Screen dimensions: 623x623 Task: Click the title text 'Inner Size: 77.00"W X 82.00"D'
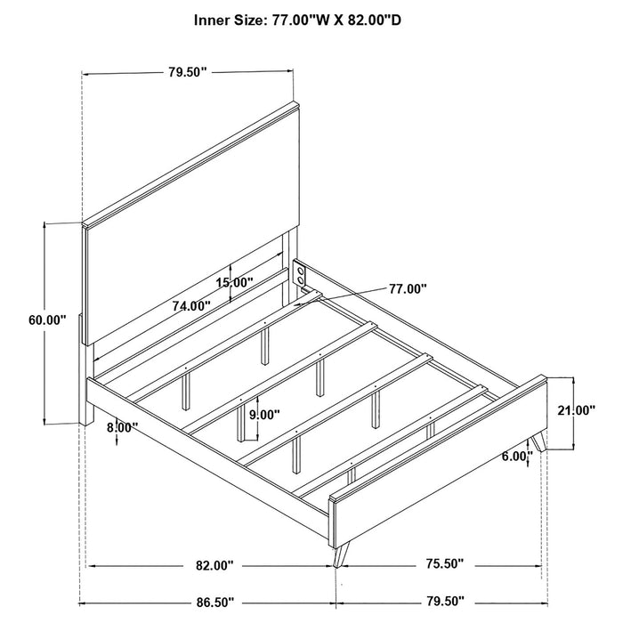[297, 20]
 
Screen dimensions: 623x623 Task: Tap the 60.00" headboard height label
[47, 320]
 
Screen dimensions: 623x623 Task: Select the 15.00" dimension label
[234, 283]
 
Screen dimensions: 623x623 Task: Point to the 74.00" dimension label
[191, 306]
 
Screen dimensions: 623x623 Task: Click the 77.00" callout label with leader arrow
[408, 289]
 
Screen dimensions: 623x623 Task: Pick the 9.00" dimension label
[264, 415]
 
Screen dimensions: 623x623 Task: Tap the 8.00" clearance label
[123, 427]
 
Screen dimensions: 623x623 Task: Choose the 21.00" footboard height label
[577, 410]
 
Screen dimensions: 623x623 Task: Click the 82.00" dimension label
[215, 565]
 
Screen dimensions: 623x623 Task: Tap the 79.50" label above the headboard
[188, 72]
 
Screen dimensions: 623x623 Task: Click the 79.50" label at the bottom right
[445, 601]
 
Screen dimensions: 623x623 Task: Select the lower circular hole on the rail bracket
[302, 281]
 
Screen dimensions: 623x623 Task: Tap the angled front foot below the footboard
[341, 554]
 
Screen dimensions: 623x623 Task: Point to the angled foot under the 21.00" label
[538, 441]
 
